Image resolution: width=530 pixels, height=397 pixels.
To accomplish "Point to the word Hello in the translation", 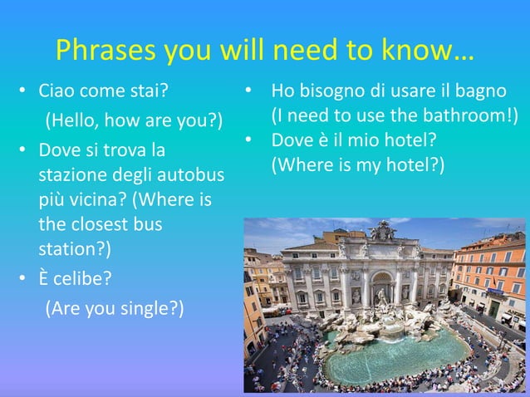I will [x=76, y=120].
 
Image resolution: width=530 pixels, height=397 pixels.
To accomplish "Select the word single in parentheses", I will [x=146, y=309].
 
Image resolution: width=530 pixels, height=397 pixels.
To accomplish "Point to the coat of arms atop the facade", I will [x=383, y=230].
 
